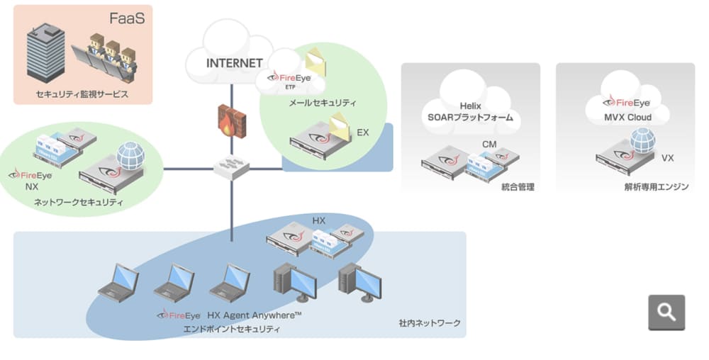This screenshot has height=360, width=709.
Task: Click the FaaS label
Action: coord(126,18)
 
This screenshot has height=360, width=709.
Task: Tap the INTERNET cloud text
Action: coord(234,62)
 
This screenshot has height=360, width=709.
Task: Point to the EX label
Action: coord(362,133)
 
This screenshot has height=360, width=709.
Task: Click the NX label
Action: coord(31,188)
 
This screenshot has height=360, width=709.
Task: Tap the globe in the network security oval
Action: coord(130,155)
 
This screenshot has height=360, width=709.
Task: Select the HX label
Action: coord(319,221)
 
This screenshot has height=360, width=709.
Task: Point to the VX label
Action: coord(667,158)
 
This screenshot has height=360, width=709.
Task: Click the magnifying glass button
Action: coord(666,312)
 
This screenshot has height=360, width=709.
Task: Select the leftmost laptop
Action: coord(118,283)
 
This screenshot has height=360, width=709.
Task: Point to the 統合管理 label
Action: coord(517,187)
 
